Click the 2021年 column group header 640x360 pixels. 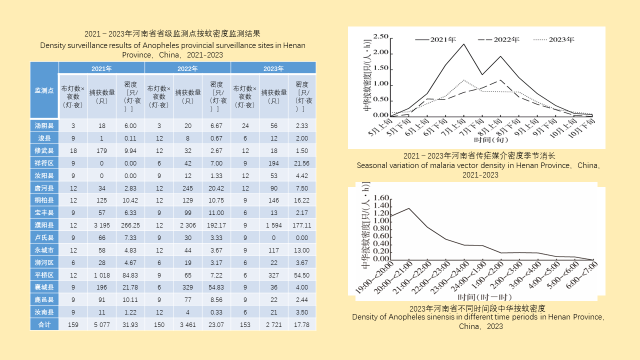pos(101,68)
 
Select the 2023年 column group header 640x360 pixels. pos(273,68)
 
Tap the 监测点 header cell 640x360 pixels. pos(44,90)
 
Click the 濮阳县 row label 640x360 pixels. pos(44,225)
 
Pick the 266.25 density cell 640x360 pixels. pos(130,225)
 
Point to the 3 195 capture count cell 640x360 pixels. pos(101,225)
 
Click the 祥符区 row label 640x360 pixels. pos(44,163)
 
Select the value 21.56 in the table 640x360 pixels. pos(302,163)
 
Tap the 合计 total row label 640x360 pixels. pos(44,324)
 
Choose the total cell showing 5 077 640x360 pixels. pos(101,324)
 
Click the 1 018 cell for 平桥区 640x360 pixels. pos(101,275)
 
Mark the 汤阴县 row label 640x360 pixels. pos(44,125)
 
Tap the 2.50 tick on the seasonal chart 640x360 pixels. pos(381,37)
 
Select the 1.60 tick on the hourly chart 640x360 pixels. pos(381,197)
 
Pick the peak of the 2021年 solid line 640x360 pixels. pos(463,44)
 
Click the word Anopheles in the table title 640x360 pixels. pos(159,45)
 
